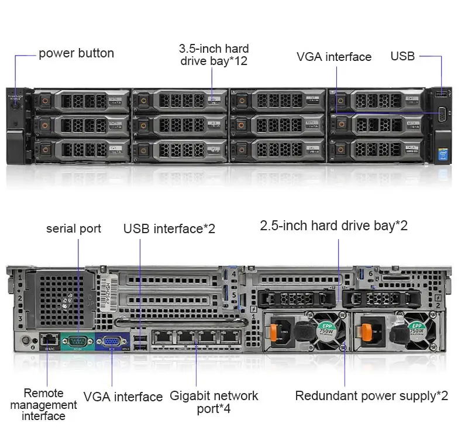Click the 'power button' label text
(76, 54)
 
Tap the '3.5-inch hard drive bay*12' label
(214, 54)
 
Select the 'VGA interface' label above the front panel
(333, 57)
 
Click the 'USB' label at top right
(402, 56)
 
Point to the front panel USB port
(442, 94)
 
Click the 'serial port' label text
(74, 228)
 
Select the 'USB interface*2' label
(169, 228)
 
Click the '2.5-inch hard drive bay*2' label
(333, 226)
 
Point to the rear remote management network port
(48, 339)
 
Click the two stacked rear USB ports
(140, 342)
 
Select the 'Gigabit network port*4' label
(214, 402)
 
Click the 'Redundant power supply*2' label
(371, 396)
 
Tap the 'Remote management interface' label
(44, 404)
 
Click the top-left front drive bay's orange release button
(44, 101)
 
